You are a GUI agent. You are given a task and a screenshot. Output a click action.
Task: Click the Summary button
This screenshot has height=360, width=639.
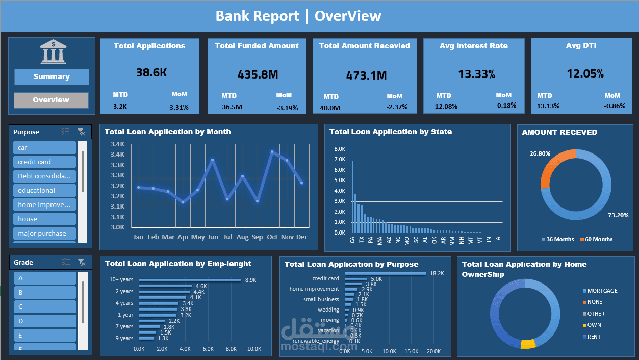click(x=52, y=77)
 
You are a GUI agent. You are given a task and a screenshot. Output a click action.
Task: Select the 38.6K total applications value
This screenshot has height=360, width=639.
click(x=151, y=72)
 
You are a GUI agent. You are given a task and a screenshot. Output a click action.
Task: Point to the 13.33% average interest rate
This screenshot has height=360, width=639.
click(x=476, y=74)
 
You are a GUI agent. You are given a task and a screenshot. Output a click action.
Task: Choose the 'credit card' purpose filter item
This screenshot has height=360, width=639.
click(x=44, y=162)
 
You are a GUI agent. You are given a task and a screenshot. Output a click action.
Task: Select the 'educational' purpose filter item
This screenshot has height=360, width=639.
click(x=44, y=190)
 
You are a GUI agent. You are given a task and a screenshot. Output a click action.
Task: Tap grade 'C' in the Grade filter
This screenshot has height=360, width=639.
click(x=44, y=306)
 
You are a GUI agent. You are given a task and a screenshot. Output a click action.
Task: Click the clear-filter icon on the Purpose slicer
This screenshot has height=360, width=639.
click(x=81, y=132)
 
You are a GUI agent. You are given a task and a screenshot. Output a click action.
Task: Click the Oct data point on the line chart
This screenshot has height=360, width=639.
click(x=272, y=151)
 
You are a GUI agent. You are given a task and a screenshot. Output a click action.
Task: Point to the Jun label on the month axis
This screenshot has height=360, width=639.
click(x=213, y=237)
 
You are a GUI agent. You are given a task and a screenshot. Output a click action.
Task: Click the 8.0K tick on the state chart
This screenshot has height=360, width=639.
click(x=340, y=149)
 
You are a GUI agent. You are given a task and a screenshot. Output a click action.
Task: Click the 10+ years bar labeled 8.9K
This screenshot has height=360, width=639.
click(x=190, y=280)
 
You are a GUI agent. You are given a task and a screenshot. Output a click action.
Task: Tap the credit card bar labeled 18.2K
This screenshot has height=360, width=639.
click(x=386, y=273)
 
